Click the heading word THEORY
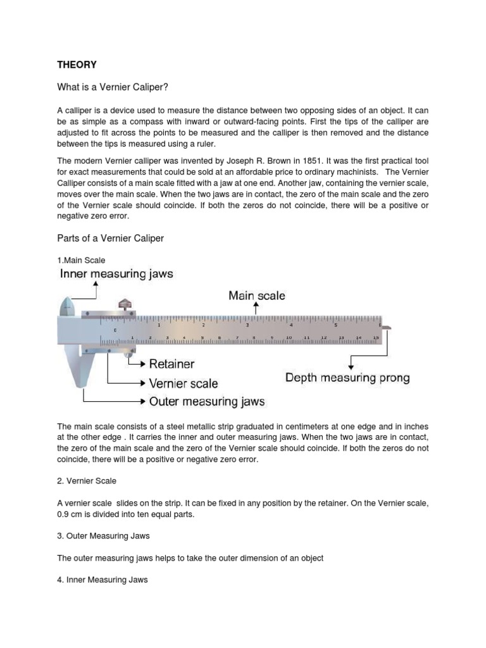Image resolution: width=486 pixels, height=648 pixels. [x=77, y=65]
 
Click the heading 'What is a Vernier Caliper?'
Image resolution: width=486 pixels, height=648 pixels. [x=112, y=87]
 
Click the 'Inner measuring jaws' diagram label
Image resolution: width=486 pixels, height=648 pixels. [x=116, y=274]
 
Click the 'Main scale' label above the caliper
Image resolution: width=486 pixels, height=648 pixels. [x=256, y=296]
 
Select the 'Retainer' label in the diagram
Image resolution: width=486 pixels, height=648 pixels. [x=171, y=364]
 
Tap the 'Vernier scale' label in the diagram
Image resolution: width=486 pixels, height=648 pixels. [x=183, y=383]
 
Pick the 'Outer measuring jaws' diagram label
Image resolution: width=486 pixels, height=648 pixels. [x=206, y=401]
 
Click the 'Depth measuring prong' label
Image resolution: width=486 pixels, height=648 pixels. [x=347, y=378]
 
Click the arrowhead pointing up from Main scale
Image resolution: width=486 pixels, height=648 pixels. [x=256, y=305]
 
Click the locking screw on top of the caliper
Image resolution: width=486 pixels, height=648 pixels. [x=125, y=304]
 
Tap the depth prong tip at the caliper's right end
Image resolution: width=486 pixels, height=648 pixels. [x=387, y=328]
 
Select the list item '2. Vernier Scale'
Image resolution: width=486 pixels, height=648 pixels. [x=87, y=481]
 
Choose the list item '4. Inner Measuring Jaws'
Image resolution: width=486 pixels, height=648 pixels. [x=103, y=579]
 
